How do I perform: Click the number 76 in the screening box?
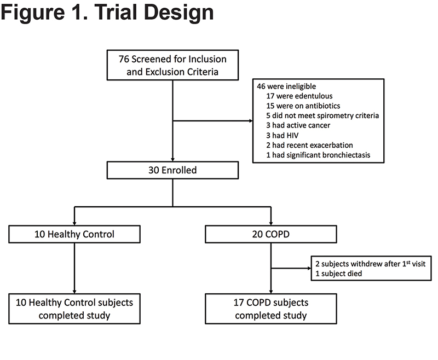click(x=124, y=59)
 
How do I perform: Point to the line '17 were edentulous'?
click(x=299, y=96)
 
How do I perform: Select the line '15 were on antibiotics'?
click(x=303, y=106)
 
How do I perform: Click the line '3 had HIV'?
click(x=282, y=135)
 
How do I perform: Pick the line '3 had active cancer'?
click(x=298, y=125)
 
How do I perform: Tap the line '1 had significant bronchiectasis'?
click(x=318, y=155)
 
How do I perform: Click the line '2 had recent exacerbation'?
click(x=309, y=145)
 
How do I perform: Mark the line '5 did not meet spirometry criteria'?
click(x=322, y=115)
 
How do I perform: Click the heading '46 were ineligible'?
click(x=286, y=86)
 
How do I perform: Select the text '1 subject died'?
click(x=338, y=274)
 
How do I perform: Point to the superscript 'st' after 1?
click(x=408, y=262)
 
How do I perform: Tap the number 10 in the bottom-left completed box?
click(x=21, y=303)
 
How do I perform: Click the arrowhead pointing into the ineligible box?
click(x=251, y=121)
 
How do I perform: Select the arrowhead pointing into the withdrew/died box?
click(x=309, y=269)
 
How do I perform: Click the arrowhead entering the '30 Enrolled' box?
click(x=172, y=160)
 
